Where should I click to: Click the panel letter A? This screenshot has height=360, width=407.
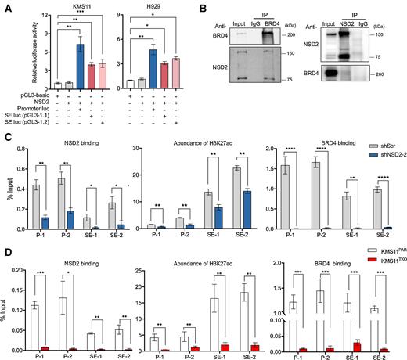[5, 6]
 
